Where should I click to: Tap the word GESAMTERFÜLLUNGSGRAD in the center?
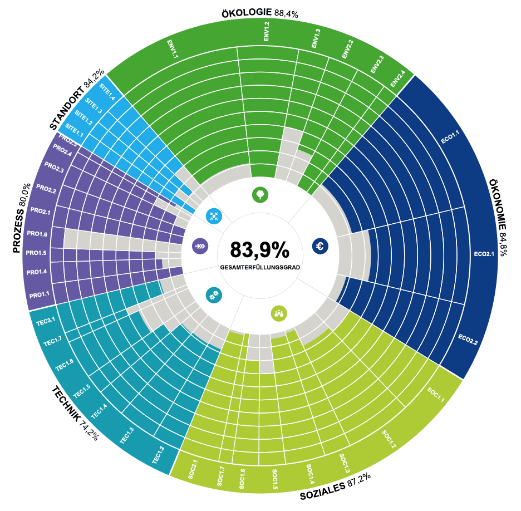(260, 268)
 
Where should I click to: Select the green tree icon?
(260, 194)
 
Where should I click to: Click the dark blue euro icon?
(320, 246)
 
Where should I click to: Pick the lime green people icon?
(279, 313)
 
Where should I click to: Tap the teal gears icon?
(213, 296)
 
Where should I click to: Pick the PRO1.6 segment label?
(37, 234)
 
